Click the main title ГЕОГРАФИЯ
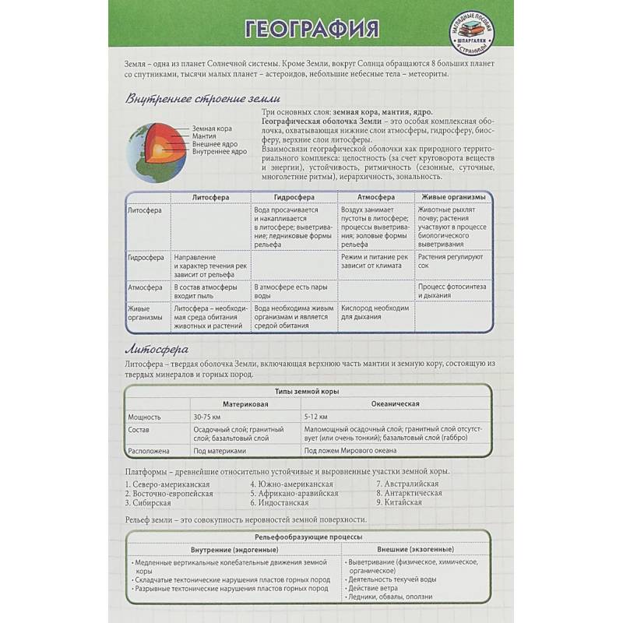[x=311, y=29]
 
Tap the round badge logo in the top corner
[x=473, y=34]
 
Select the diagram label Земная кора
[x=212, y=128]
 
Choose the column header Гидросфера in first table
[x=294, y=198]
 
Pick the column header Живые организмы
[x=453, y=198]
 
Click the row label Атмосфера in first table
[x=145, y=288]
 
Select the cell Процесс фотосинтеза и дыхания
[x=452, y=292]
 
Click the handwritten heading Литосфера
[x=157, y=348]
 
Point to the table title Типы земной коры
[x=307, y=392]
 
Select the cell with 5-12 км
[x=316, y=417]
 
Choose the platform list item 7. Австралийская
[x=407, y=484]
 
